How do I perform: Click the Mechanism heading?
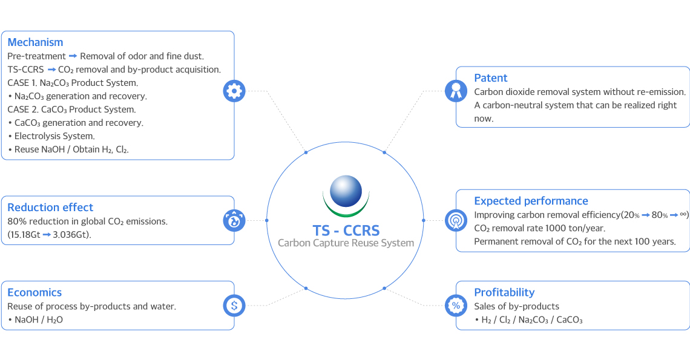pyautogui.click(x=35, y=42)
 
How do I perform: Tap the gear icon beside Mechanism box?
pyautogui.click(x=234, y=91)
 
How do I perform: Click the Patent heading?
pyautogui.click(x=491, y=78)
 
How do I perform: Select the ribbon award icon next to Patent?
pyautogui.click(x=456, y=91)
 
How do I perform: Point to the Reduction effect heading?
pyautogui.click(x=50, y=208)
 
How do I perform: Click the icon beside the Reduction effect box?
pyautogui.click(x=234, y=220)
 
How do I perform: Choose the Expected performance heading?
pyautogui.click(x=531, y=201)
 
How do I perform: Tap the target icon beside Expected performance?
pyautogui.click(x=456, y=220)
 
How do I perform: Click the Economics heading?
pyautogui.click(x=34, y=293)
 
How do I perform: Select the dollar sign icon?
pyautogui.click(x=234, y=306)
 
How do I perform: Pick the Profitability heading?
pyautogui.click(x=504, y=293)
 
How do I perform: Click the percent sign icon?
pyautogui.click(x=456, y=306)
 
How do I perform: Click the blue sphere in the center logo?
pyautogui.click(x=346, y=191)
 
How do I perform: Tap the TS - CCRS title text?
pyautogui.click(x=346, y=231)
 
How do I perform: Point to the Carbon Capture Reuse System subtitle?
pyautogui.click(x=346, y=243)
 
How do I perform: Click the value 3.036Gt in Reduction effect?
pyautogui.click(x=72, y=235)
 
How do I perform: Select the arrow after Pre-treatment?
pyautogui.click(x=73, y=56)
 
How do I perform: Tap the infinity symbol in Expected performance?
pyautogui.click(x=683, y=214)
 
